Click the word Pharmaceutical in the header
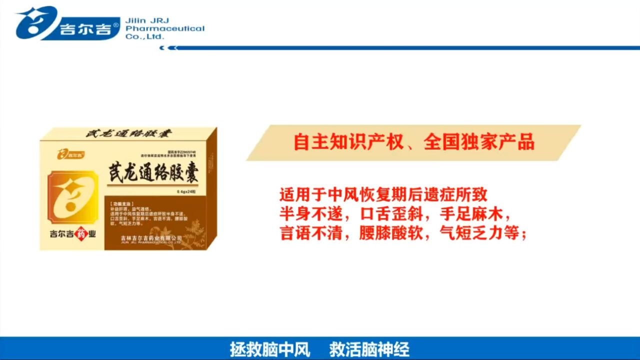pyautogui.click(x=165, y=28)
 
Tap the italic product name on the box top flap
pyautogui.click(x=128, y=134)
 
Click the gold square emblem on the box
pyautogui.click(x=72, y=196)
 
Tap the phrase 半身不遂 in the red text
pyautogui.click(x=307, y=213)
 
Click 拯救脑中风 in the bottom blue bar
pyautogui.click(x=270, y=349)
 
